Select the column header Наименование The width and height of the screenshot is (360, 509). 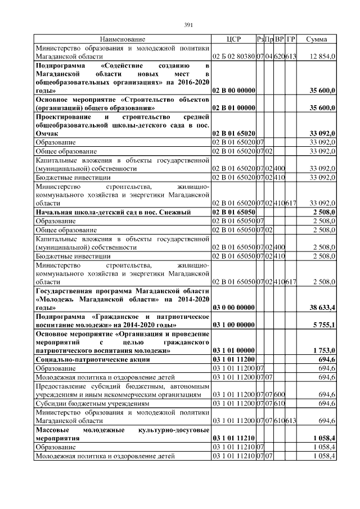123,39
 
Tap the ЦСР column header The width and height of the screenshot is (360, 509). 233,39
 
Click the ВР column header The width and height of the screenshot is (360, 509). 280,39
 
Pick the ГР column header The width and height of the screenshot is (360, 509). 291,39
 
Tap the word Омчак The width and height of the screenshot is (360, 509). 48,133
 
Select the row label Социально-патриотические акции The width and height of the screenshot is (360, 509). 93,359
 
